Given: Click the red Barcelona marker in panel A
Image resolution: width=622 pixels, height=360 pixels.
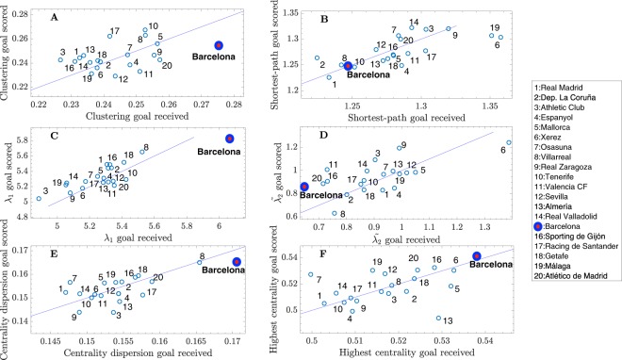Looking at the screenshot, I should point(218,45).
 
